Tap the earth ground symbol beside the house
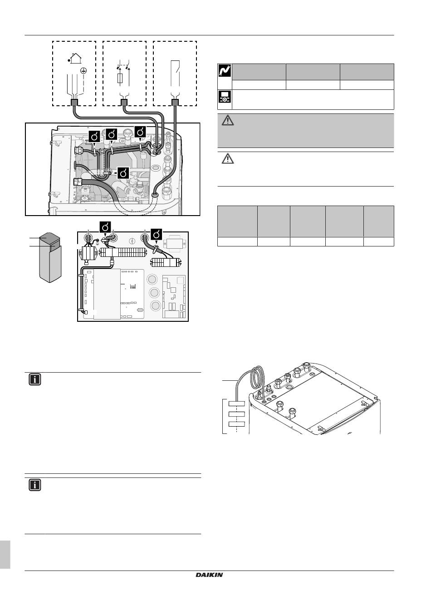pos(83,71)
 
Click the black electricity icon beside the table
pos(225,71)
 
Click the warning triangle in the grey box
pos(228,120)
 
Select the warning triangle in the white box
pos(228,158)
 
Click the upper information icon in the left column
pos(35,379)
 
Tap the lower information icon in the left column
pos(35,485)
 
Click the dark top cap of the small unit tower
pos(49,239)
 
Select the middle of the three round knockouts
pos(154,292)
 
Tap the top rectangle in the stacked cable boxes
pos(236,403)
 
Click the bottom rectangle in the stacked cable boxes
pos(236,424)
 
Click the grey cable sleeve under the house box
pos(74,103)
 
